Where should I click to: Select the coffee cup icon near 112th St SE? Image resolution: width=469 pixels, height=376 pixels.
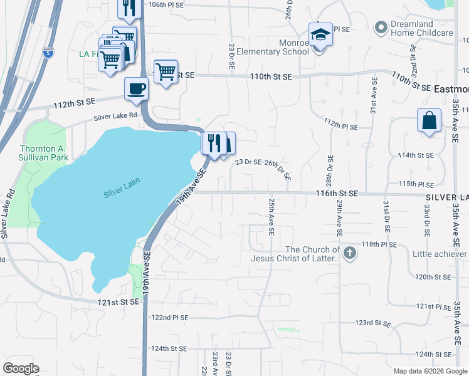pos(136,88)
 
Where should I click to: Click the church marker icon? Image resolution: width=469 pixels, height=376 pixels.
pos(350,253)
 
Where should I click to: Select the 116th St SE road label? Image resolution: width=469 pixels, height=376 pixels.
pos(337,194)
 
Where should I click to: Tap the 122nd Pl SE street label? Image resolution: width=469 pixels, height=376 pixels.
pos(170,318)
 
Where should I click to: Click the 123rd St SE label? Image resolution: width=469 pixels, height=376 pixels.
pos(372,324)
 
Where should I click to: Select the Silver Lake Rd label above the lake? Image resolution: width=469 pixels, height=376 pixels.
pos(115,116)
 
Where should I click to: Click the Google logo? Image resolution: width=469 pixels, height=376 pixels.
pos(21,368)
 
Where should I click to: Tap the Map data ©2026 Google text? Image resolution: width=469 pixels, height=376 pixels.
pos(429,371)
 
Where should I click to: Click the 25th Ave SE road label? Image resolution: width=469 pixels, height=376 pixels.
pos(271,217)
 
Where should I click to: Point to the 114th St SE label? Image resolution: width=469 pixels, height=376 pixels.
pos(416,155)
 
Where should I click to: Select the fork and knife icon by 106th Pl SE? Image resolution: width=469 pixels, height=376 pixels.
pos(128,8)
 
